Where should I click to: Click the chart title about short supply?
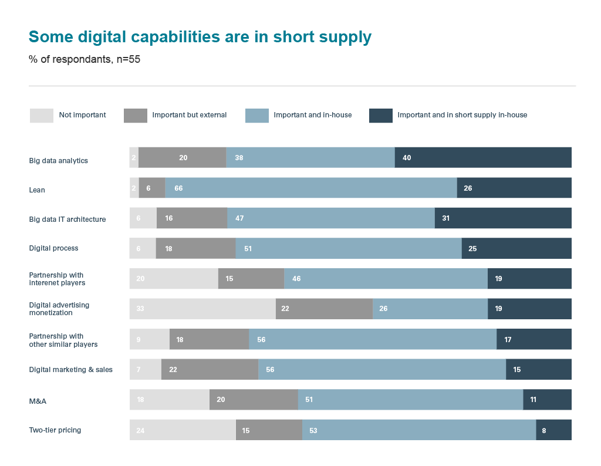[x=200, y=37]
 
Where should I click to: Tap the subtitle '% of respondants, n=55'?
[x=85, y=59]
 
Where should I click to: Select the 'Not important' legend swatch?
[x=41, y=116]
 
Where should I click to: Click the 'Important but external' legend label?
[x=189, y=115]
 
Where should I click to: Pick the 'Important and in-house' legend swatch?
[x=256, y=116]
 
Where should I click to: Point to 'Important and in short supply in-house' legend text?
[x=462, y=115]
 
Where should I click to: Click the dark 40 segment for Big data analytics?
[x=483, y=157]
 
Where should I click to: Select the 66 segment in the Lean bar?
[x=311, y=188]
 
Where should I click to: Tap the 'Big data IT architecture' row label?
[x=67, y=220]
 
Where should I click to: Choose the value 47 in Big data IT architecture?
[x=331, y=218]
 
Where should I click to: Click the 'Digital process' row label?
[x=53, y=248]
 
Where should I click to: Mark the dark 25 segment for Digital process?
[x=516, y=248]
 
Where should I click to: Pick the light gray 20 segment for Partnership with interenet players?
[x=174, y=279]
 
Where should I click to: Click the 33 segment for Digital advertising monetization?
[x=202, y=309]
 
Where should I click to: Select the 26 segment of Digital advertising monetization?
[x=430, y=309]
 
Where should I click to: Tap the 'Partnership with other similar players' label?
[x=63, y=340]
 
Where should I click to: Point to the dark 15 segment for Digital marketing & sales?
[x=539, y=369]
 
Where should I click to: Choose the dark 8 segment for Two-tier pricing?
[x=553, y=430]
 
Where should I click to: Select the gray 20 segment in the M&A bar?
[x=254, y=400]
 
